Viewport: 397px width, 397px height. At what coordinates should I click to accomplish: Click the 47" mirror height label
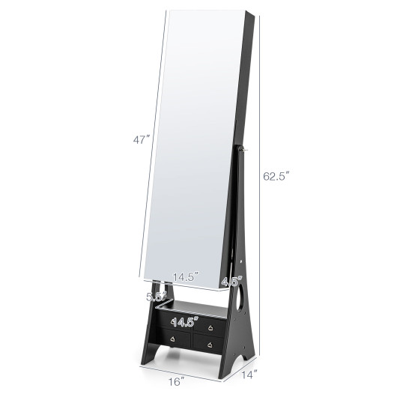pyautogui.click(x=142, y=139)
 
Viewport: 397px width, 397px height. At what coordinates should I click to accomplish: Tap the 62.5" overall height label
pyautogui.click(x=275, y=176)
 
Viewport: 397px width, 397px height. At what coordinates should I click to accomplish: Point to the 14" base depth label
pyautogui.click(x=249, y=375)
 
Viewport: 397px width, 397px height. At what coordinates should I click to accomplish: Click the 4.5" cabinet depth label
pyautogui.click(x=232, y=282)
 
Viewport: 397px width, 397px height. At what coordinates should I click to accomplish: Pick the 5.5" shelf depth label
pyautogui.click(x=157, y=296)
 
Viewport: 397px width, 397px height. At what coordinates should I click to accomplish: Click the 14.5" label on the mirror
pyautogui.click(x=186, y=276)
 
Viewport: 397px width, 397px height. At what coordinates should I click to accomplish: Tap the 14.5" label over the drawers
pyautogui.click(x=184, y=322)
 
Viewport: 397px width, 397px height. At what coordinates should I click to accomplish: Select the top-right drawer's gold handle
pyautogui.click(x=210, y=328)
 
